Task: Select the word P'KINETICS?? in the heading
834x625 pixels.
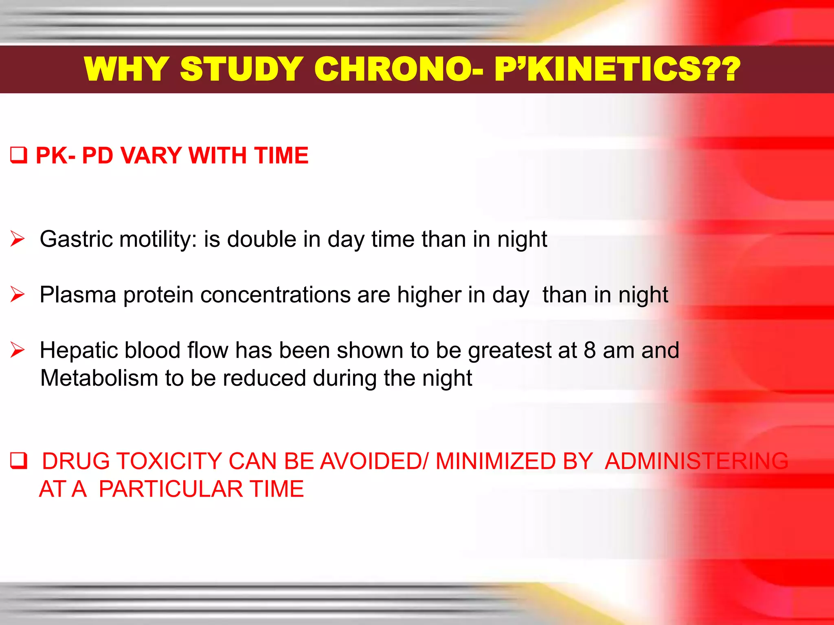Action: [617, 69]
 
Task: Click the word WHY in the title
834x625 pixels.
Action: [127, 69]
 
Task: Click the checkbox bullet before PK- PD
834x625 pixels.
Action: [18, 155]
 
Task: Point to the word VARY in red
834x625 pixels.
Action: [151, 155]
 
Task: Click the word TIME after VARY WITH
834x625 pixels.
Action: [281, 155]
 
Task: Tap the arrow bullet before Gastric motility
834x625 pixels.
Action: [18, 239]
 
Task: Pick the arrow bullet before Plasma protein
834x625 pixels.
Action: [18, 294]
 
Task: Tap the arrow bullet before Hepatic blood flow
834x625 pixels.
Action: [18, 350]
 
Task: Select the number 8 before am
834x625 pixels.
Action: [590, 350]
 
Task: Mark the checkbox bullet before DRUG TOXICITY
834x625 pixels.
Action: [18, 461]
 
